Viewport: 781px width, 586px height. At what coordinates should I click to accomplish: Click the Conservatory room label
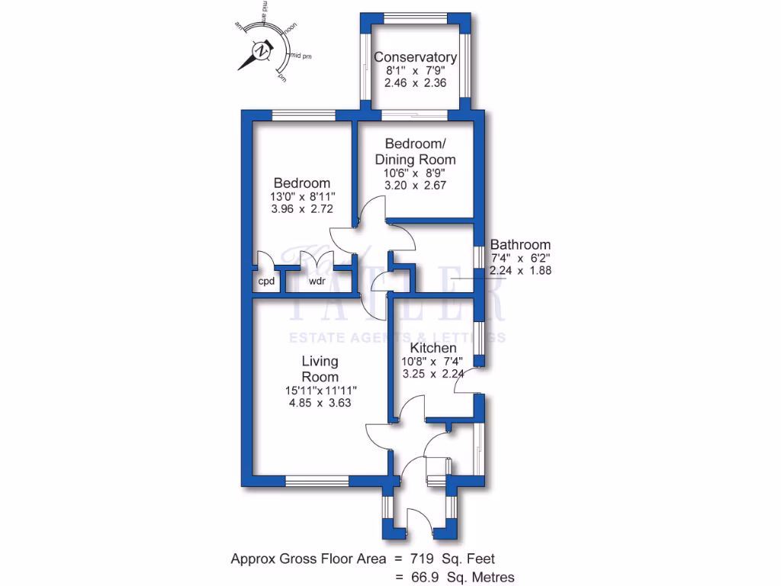coord(415,57)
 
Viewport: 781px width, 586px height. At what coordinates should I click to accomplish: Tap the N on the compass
coord(262,51)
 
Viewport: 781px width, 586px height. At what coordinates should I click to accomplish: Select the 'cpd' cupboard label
coord(266,282)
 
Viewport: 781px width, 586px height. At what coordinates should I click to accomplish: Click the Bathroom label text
coord(520,245)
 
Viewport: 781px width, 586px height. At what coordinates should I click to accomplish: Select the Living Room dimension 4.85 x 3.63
coord(320,403)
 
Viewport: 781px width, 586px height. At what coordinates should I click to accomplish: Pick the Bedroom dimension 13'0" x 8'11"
coord(302,196)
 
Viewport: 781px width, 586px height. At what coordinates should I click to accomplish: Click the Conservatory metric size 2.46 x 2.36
coord(415,84)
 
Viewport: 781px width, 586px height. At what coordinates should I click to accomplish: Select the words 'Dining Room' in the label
coord(415,159)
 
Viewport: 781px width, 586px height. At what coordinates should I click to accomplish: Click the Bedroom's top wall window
coord(304,115)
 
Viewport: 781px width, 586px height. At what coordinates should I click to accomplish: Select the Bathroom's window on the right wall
coord(478,259)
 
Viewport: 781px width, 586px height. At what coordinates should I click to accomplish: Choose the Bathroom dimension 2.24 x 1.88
coord(520,270)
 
